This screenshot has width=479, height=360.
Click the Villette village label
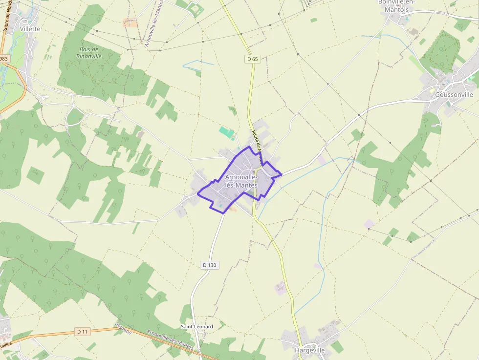(x=30, y=29)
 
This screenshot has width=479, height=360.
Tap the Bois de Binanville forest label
(x=90, y=53)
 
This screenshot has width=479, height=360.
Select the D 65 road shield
(x=252, y=59)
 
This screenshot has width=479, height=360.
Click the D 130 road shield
(x=209, y=265)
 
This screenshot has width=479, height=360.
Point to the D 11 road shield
(x=83, y=332)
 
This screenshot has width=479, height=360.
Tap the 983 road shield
(x=4, y=59)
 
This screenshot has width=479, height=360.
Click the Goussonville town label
(x=454, y=95)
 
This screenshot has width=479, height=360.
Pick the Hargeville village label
(x=310, y=350)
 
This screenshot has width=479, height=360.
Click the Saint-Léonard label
(x=197, y=326)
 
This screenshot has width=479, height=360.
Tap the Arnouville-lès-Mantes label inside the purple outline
(x=241, y=181)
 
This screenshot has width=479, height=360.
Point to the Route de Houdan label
(x=7, y=19)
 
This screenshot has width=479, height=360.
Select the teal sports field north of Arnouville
(x=226, y=132)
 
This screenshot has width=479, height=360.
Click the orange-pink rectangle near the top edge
(x=131, y=22)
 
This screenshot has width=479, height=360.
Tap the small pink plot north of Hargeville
(x=280, y=288)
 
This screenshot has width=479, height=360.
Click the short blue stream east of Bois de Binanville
(x=198, y=62)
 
